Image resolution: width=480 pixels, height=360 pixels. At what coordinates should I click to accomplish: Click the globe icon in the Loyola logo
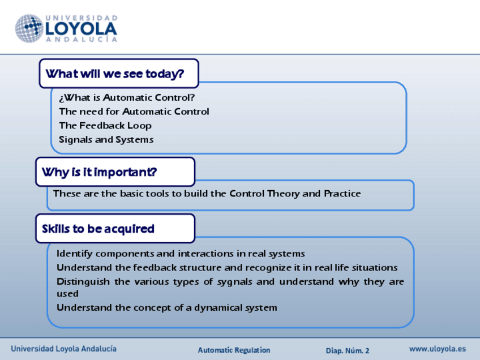29,28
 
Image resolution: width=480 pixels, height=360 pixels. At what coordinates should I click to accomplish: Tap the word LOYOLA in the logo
81,29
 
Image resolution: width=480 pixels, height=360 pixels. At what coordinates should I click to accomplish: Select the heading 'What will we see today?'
115,74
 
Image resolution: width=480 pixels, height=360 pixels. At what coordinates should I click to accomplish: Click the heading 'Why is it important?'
100,172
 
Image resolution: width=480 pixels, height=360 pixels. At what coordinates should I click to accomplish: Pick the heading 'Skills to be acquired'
98,229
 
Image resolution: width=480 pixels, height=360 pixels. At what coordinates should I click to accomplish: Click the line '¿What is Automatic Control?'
127,97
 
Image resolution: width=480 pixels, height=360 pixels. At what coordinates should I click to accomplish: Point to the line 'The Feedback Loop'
105,126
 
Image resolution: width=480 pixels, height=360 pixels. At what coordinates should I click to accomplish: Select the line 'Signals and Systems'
106,140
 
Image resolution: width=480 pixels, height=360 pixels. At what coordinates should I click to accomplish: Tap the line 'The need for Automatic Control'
134,112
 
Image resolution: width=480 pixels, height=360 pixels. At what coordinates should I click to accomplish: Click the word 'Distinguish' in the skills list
83,282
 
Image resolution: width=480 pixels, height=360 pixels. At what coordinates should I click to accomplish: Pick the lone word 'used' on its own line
68,294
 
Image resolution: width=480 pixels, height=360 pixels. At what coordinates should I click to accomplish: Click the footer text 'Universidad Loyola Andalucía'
63,349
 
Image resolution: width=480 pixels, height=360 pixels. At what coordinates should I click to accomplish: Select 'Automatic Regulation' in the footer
234,350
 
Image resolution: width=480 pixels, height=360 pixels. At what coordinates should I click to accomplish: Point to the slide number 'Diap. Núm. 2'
348,350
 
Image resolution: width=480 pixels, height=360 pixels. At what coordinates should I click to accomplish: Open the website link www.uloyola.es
438,349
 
